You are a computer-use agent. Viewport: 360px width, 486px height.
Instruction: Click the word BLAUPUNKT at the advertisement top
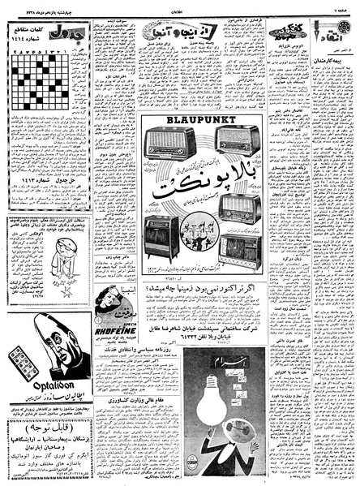point(201,120)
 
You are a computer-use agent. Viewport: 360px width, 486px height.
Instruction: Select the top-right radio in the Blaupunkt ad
point(238,140)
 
